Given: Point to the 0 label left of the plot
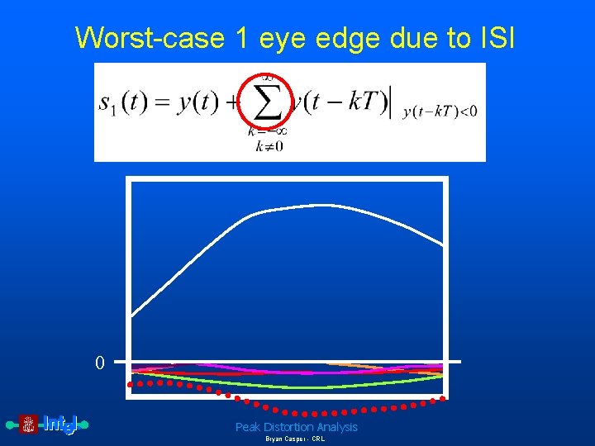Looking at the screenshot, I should point(100,363).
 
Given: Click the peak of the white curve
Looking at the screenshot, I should point(318,205).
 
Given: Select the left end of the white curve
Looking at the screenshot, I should point(133,315).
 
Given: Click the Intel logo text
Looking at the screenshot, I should point(59,425).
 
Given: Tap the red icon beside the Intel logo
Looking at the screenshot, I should point(29,425).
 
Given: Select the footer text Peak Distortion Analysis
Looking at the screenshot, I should point(296,427).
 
